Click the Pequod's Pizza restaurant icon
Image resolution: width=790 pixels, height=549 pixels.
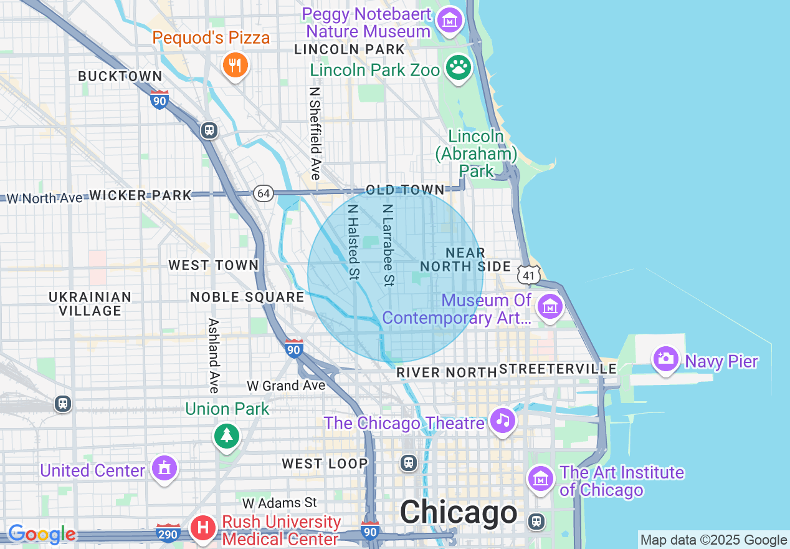pyautogui.click(x=235, y=64)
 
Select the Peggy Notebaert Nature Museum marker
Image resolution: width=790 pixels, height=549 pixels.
pyautogui.click(x=449, y=20)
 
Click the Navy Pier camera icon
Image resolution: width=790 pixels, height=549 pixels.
pyautogui.click(x=665, y=359)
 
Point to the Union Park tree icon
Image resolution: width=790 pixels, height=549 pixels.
pyautogui.click(x=227, y=435)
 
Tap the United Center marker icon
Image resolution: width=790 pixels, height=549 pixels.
pyautogui.click(x=164, y=468)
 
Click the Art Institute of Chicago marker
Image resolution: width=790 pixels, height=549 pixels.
pyautogui.click(x=540, y=479)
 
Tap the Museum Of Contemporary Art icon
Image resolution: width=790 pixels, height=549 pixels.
pyautogui.click(x=551, y=306)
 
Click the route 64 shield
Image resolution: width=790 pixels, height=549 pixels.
pyautogui.click(x=264, y=193)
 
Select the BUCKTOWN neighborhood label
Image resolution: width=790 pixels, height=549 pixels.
pyautogui.click(x=120, y=76)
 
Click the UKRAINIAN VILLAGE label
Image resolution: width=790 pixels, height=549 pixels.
pyautogui.click(x=90, y=304)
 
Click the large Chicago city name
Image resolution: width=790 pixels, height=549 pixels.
pyautogui.click(x=459, y=513)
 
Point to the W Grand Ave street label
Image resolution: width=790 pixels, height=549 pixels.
pyautogui.click(x=286, y=386)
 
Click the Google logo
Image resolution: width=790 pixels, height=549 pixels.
pyautogui.click(x=42, y=534)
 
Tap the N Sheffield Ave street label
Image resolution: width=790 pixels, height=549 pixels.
pyautogui.click(x=315, y=133)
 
